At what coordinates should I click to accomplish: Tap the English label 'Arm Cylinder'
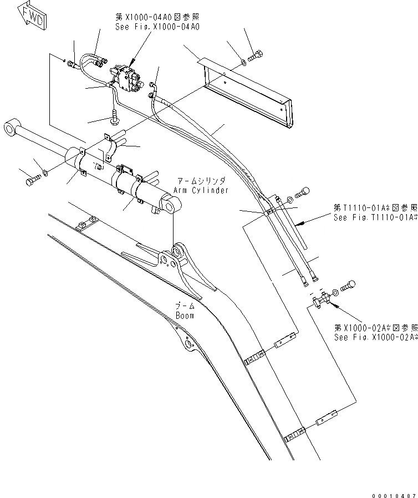tap(200, 190)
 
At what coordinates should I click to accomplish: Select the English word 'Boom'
tap(185, 316)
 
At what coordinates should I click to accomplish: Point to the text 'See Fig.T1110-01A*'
tap(375, 217)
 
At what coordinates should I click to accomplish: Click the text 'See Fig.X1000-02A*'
tap(375, 337)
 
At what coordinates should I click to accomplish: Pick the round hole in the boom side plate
tap(191, 346)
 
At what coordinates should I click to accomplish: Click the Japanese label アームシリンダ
tap(200, 181)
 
